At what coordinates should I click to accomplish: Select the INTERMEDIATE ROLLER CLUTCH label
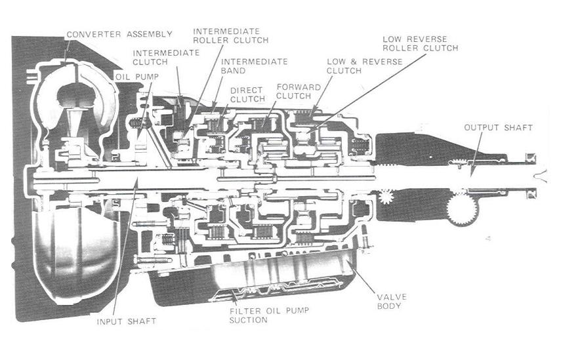pos(230,35)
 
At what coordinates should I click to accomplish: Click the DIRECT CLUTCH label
pos(247,94)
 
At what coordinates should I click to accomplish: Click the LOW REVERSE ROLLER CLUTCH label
pos(420,43)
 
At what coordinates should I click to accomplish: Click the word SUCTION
pos(249,321)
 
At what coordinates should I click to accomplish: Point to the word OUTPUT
pos(479,127)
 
